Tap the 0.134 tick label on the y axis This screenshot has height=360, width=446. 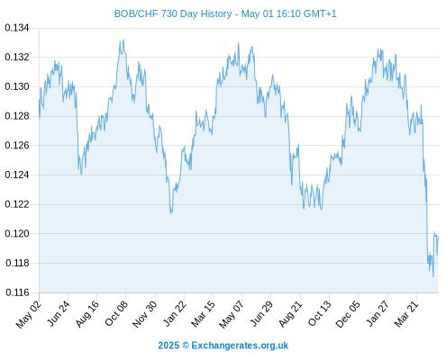click(17, 28)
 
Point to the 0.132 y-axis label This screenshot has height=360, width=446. click(17, 57)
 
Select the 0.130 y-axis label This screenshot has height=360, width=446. click(17, 86)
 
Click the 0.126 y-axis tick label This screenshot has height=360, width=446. click(17, 146)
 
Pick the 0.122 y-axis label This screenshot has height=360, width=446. click(17, 204)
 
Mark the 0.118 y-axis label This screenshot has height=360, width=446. click(17, 263)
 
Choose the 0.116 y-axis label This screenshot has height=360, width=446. click(17, 292)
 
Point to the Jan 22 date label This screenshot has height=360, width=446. click(175, 313)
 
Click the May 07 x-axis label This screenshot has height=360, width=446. click(232, 314)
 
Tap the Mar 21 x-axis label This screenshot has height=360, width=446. click(406, 313)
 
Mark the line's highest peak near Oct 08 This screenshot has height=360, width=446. click(123, 40)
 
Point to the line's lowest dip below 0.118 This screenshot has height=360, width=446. click(433, 276)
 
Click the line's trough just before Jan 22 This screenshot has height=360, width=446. click(170, 214)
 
